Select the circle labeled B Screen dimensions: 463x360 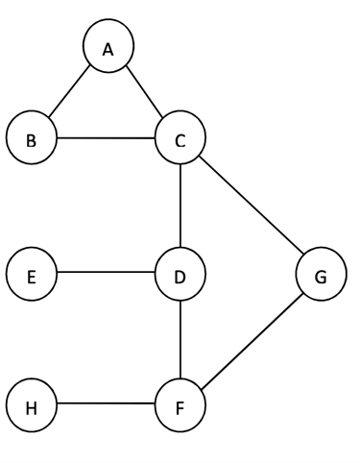pyautogui.click(x=32, y=140)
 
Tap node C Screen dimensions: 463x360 pyautogui.click(x=181, y=140)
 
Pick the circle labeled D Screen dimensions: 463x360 pyautogui.click(x=181, y=277)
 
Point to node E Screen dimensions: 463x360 pyautogui.click(x=32, y=277)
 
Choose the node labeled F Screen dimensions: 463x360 pyautogui.click(x=181, y=406)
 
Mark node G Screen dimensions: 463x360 pyautogui.click(x=320, y=277)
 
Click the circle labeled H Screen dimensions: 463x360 pyautogui.click(x=32, y=406)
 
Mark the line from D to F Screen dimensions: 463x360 pyautogui.click(x=181, y=341)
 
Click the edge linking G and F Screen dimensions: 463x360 pyautogui.click(x=251, y=342)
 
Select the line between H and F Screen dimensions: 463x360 pyautogui.click(x=107, y=406)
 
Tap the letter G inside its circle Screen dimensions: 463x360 pyautogui.click(x=320, y=277)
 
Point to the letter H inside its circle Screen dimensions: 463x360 pyautogui.click(x=32, y=406)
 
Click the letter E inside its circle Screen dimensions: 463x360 pyautogui.click(x=32, y=277)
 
